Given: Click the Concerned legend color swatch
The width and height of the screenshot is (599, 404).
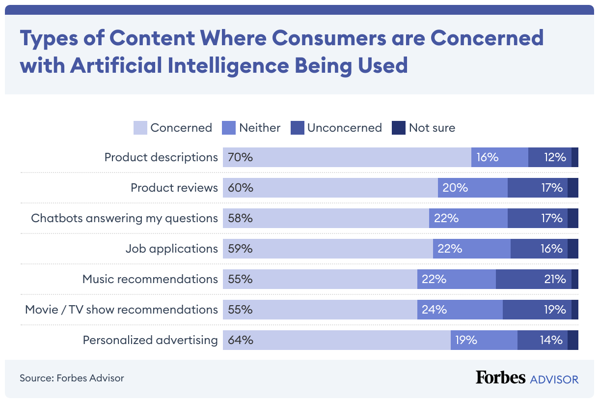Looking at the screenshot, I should pyautogui.click(x=140, y=128).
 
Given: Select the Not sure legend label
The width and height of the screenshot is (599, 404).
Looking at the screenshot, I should pyautogui.click(x=432, y=128).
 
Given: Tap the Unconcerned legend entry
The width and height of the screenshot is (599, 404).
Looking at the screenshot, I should pyautogui.click(x=344, y=128).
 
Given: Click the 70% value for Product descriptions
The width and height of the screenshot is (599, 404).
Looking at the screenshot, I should pyautogui.click(x=240, y=157).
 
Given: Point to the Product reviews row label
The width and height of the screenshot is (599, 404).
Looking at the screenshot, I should pyautogui.click(x=174, y=188).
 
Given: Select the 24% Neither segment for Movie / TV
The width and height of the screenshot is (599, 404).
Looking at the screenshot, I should pyautogui.click(x=434, y=310).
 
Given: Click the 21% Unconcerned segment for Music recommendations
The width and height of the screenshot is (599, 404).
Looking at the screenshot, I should pyautogui.click(x=555, y=279).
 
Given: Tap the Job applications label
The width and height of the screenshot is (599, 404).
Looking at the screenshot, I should pyautogui.click(x=171, y=249).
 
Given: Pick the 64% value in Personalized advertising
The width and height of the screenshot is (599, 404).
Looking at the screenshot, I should pyautogui.click(x=241, y=340).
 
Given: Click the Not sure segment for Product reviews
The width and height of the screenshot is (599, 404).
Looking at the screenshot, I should pyautogui.click(x=573, y=188).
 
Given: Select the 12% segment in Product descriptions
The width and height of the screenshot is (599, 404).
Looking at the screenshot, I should pyautogui.click(x=555, y=157).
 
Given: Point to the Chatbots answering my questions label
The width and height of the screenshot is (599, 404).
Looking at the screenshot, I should pyautogui.click(x=124, y=218).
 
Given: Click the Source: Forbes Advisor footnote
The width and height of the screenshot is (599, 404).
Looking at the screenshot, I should pyautogui.click(x=72, y=378).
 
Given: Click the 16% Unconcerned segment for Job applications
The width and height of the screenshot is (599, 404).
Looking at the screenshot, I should pyautogui.click(x=550, y=249).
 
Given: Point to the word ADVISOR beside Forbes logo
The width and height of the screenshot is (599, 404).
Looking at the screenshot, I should pyautogui.click(x=554, y=379).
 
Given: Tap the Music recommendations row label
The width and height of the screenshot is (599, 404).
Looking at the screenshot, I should pyautogui.click(x=150, y=279).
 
